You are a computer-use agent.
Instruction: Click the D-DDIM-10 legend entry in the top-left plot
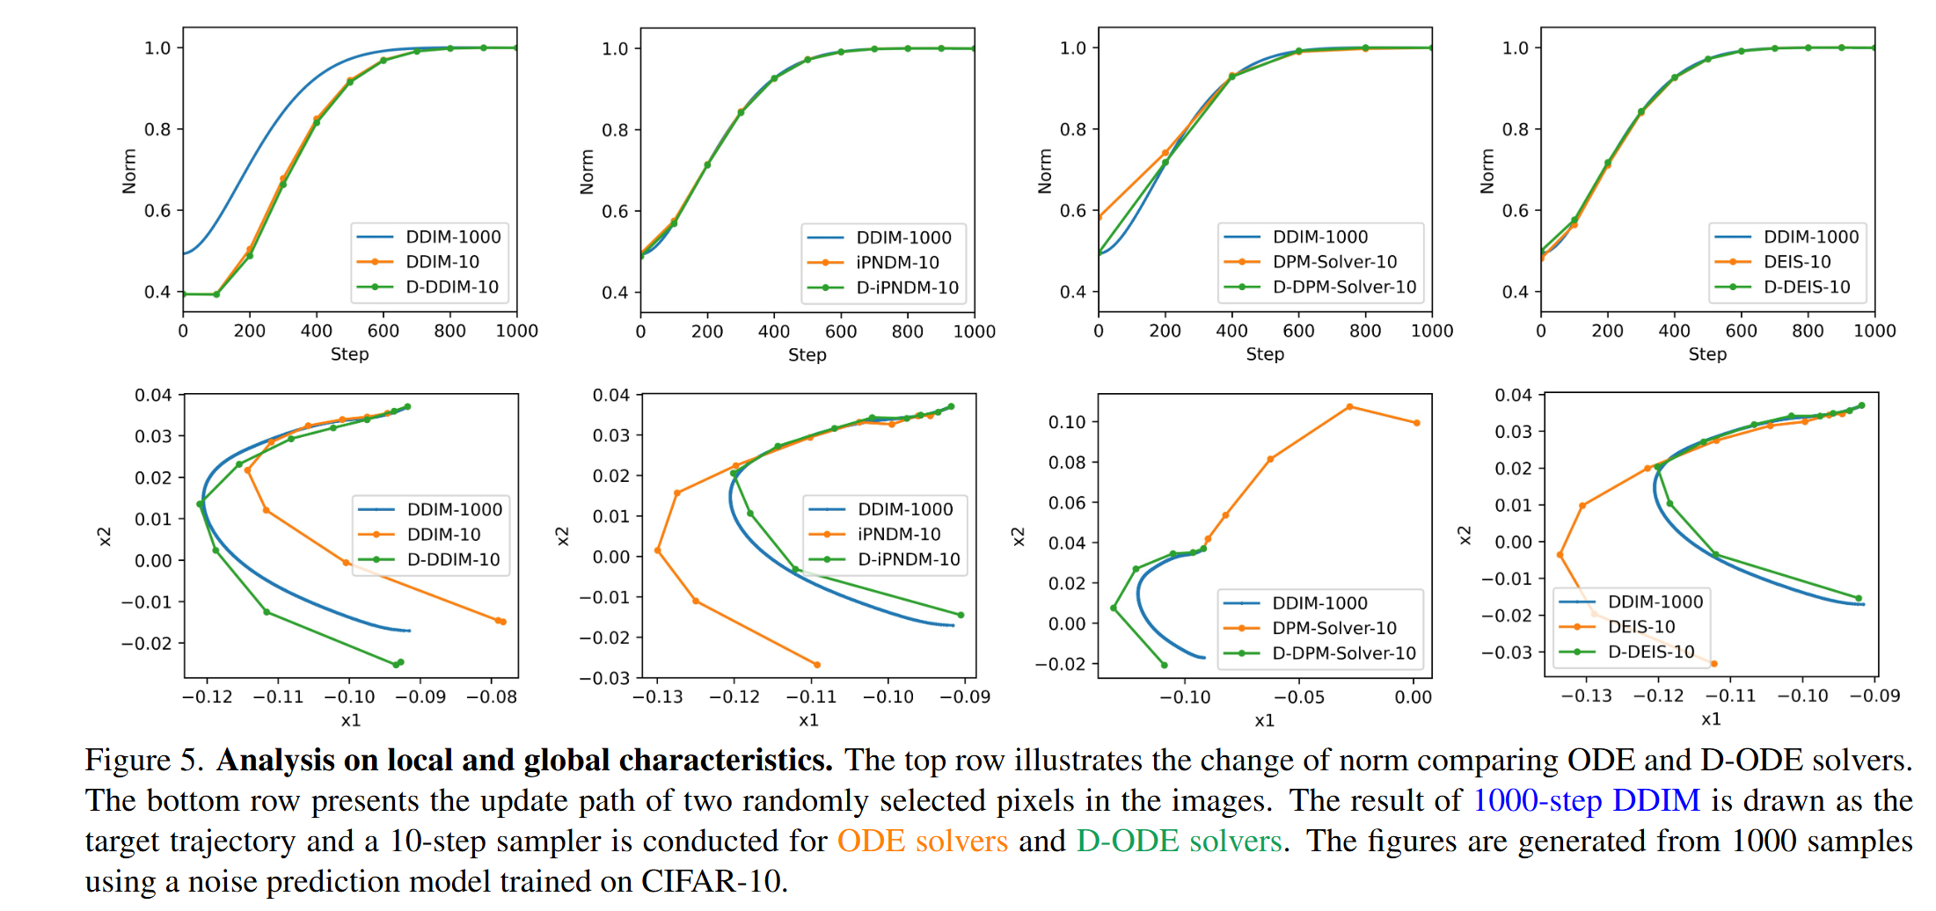pos(451,287)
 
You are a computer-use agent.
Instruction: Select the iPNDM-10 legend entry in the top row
pos(897,262)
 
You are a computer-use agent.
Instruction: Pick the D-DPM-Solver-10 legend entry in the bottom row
pos(1343,652)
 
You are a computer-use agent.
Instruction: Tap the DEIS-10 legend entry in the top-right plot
pos(1796,261)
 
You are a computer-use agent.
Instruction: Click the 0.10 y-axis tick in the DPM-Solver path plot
pos(1066,422)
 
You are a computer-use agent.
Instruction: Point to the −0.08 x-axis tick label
pos(491,697)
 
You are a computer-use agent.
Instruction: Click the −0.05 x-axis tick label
pos(1298,697)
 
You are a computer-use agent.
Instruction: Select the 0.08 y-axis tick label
pos(1066,463)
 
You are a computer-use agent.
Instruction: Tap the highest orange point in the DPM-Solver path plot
pos(1349,407)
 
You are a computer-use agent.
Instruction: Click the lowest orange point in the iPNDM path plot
pos(817,665)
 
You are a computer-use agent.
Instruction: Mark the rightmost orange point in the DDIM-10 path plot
pos(502,622)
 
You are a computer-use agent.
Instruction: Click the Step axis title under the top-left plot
pos(349,354)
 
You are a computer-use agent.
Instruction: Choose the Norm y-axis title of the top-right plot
pos(1487,171)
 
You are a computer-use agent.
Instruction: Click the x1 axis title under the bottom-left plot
pos(350,720)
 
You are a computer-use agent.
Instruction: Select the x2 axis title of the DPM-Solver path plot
pos(1018,536)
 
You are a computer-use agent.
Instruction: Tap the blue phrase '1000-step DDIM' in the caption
pos(1586,800)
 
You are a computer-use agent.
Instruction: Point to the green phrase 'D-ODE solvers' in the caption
pos(1179,841)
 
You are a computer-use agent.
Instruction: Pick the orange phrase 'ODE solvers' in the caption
pos(922,841)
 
